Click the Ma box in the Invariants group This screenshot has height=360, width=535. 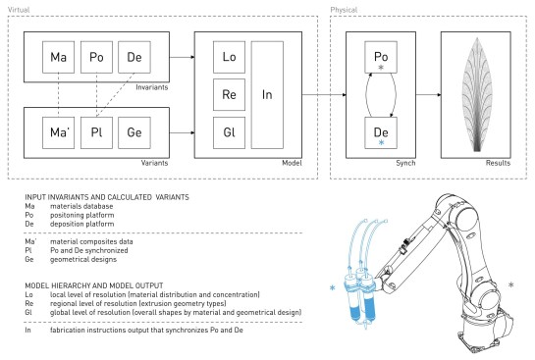click(x=58, y=57)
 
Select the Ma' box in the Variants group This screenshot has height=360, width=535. click(x=58, y=133)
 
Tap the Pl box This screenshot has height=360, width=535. click(x=96, y=133)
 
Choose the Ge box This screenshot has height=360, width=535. click(x=134, y=133)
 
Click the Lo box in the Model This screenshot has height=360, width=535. click(x=229, y=57)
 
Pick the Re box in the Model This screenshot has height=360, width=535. click(x=229, y=95)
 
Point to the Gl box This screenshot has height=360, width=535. click(x=229, y=133)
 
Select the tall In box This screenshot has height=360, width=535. click(x=267, y=95)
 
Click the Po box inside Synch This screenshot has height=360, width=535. click(x=381, y=57)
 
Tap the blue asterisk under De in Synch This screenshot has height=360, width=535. click(x=381, y=142)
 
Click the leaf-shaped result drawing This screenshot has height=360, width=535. click(x=477, y=94)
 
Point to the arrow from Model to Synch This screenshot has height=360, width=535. click(x=324, y=95)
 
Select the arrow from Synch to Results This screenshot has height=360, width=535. click(x=429, y=95)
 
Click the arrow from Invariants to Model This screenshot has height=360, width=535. click(x=182, y=57)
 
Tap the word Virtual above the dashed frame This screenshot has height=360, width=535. click(x=19, y=10)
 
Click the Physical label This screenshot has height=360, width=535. click(x=344, y=10)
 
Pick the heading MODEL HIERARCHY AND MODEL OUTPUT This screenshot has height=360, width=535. click(x=94, y=285)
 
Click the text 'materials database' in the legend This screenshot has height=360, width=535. click(x=81, y=206)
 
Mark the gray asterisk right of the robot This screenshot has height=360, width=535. click(x=510, y=284)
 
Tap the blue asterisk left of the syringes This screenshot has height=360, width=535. click(x=333, y=288)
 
